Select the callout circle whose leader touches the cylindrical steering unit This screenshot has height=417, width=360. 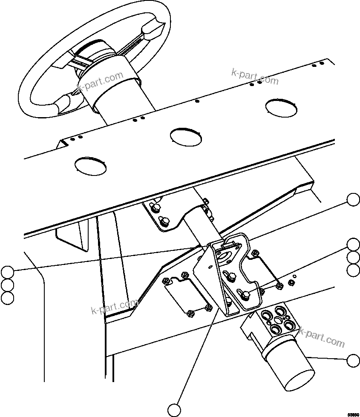pyautogui.click(x=353, y=361)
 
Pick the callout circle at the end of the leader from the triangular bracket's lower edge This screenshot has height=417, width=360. pyautogui.click(x=174, y=410)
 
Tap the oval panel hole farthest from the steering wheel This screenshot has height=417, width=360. pyautogui.click(x=281, y=106)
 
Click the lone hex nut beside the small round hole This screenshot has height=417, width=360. pyautogui.click(x=291, y=282)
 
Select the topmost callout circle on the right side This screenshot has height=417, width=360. pyautogui.click(x=353, y=199)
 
